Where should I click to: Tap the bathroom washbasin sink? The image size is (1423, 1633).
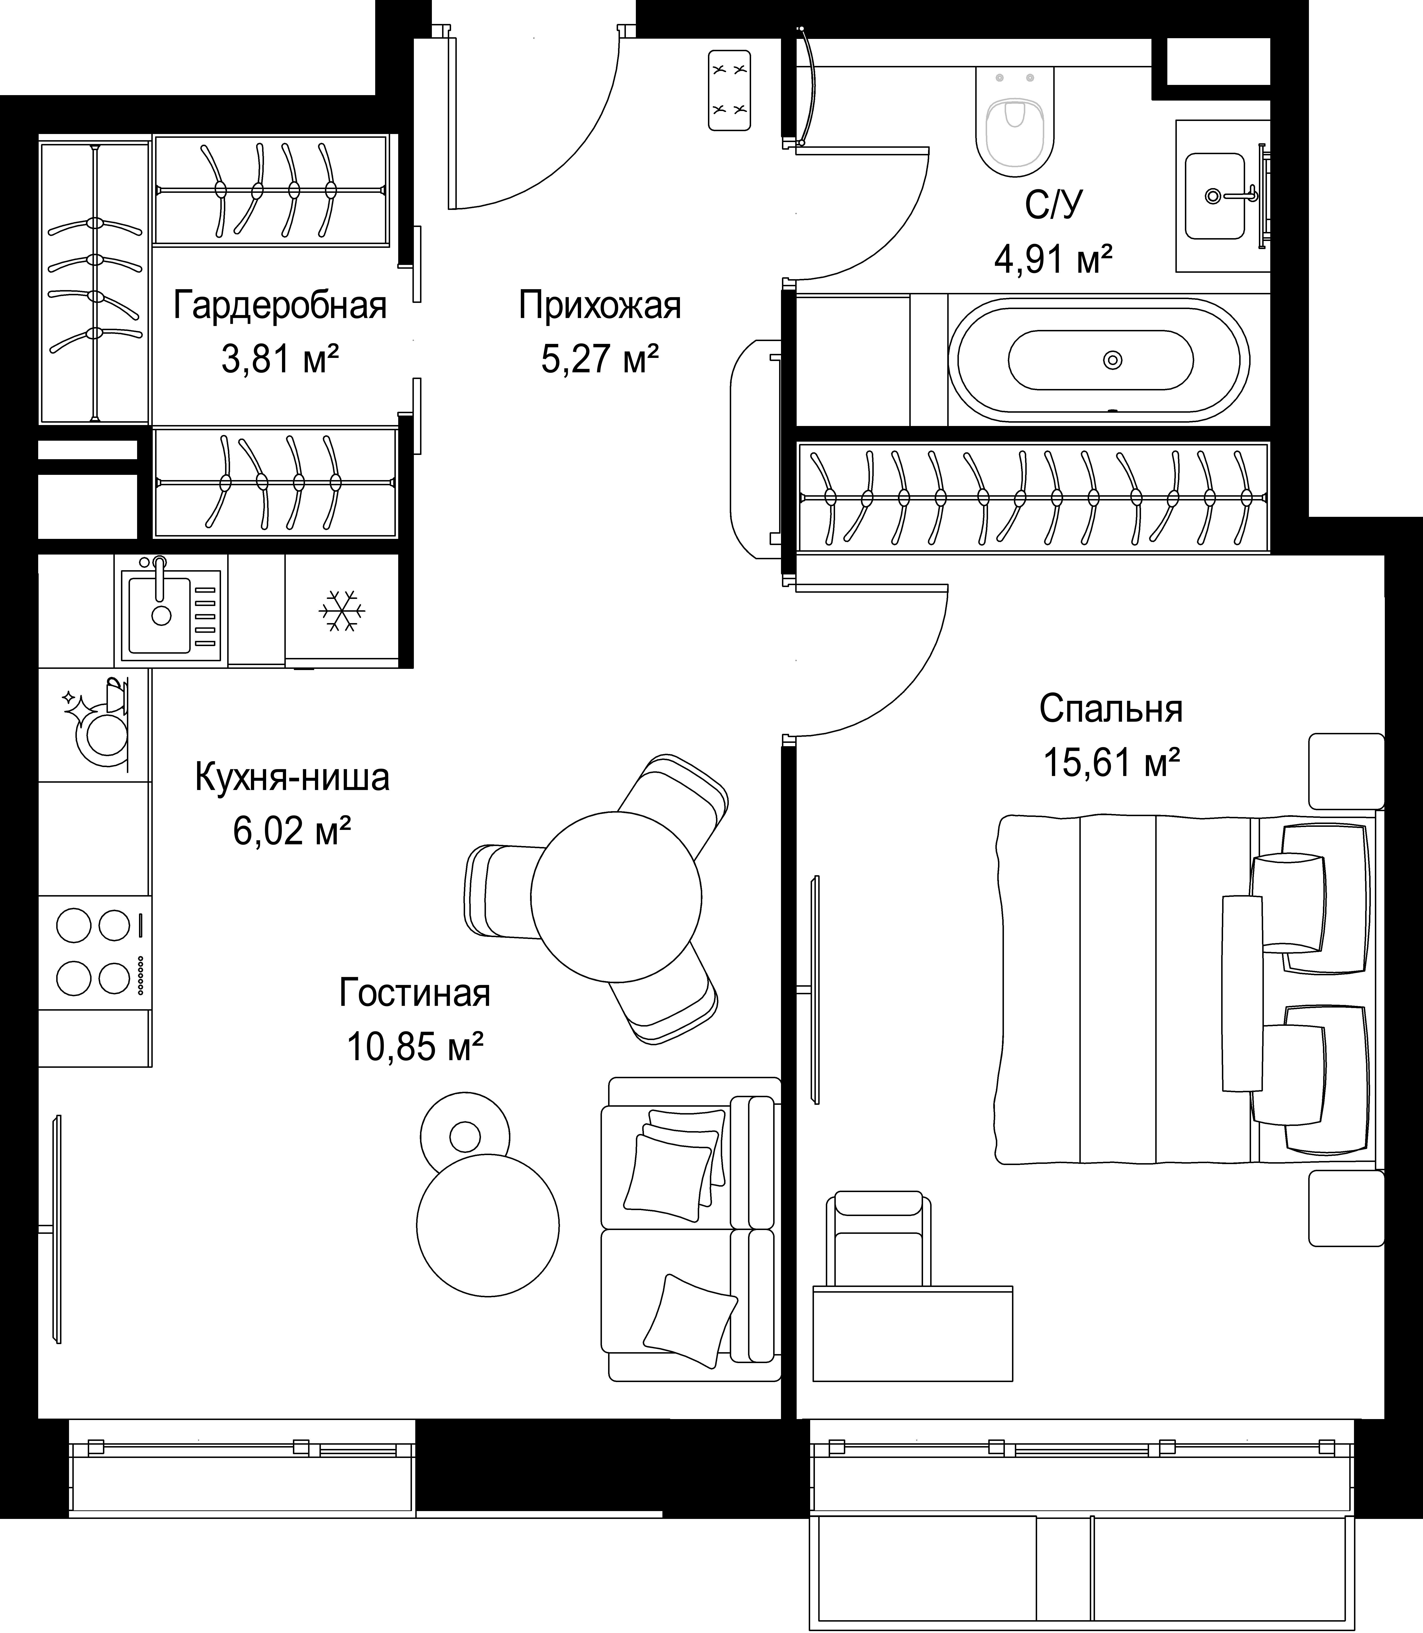click(x=1215, y=195)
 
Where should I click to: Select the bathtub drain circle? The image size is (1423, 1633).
click(x=1113, y=360)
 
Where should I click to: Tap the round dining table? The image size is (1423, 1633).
click(x=615, y=896)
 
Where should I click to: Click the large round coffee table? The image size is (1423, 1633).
click(x=488, y=1225)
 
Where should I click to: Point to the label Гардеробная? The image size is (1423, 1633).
click(x=280, y=306)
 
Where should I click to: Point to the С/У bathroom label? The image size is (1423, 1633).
click(x=1053, y=205)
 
